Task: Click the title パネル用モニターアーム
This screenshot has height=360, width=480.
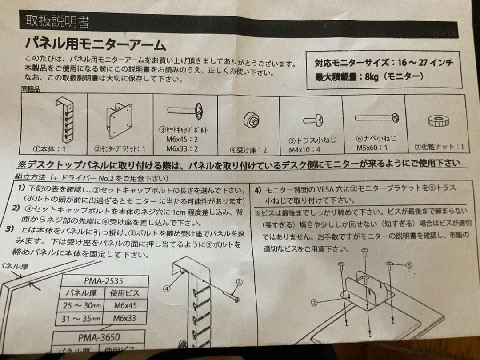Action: point(95,44)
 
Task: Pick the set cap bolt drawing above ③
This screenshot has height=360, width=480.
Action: point(185,110)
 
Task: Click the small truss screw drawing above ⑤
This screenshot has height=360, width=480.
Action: point(313,120)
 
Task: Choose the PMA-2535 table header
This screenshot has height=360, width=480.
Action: point(104,281)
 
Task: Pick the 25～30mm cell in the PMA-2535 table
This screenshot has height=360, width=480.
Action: point(83,306)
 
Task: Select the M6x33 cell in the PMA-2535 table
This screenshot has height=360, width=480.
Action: point(125,318)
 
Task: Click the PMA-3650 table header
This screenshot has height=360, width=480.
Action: point(99,338)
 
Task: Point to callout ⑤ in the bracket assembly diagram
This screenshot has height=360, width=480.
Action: point(409,265)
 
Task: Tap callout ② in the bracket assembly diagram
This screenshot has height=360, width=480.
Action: point(314,303)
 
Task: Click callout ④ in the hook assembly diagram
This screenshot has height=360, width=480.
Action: point(167,288)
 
